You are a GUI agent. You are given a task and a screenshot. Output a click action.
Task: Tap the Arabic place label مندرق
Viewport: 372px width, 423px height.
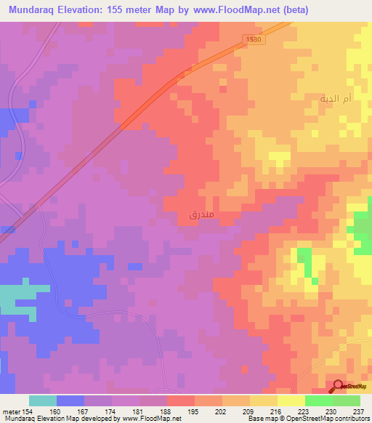pos(201,214)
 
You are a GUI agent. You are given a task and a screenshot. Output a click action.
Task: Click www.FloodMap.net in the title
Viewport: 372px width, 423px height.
pos(235,9)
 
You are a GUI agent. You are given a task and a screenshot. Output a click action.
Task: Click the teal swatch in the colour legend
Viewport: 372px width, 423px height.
pos(43,400)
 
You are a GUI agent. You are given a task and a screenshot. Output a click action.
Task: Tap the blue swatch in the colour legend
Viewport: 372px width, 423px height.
pos(70,400)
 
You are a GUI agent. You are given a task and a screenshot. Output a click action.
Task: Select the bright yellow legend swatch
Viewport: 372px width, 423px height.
pos(291,400)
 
